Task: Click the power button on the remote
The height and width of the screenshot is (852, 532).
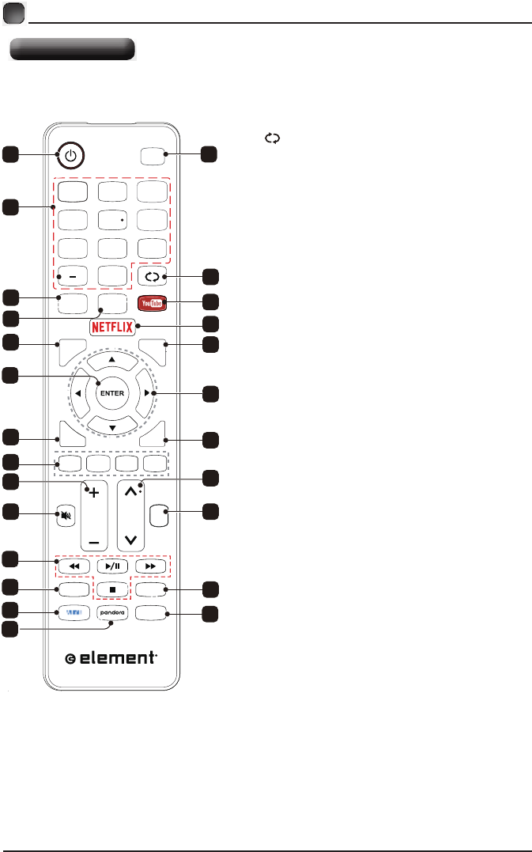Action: coord(71,156)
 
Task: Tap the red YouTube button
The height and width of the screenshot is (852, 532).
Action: coord(152,301)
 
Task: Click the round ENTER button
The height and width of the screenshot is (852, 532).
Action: coord(111,392)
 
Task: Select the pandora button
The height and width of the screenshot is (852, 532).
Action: coord(111,612)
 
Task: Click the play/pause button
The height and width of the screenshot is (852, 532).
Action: coord(111,567)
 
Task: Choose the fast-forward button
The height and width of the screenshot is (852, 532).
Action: coord(151,567)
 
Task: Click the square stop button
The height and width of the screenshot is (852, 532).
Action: coord(111,589)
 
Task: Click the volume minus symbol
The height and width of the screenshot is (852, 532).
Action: coord(95,543)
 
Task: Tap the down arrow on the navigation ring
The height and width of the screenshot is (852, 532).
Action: coord(111,426)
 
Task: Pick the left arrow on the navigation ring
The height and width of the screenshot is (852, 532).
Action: coord(78,392)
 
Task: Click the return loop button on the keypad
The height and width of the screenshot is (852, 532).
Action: coord(152,277)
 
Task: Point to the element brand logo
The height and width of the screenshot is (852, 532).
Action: coord(111,659)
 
